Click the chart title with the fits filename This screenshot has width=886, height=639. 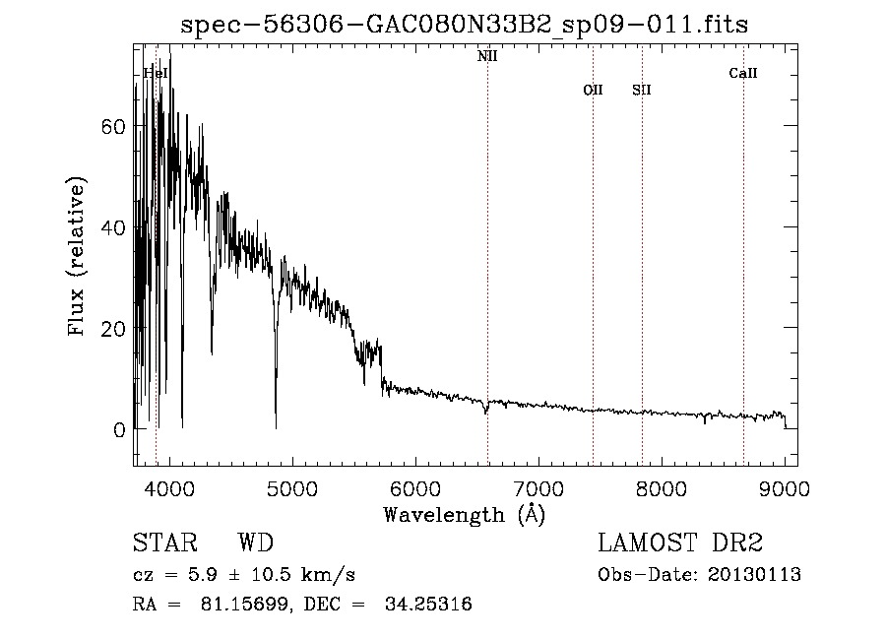tap(466, 26)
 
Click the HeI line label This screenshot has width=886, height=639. tap(156, 73)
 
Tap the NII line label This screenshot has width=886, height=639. tap(487, 57)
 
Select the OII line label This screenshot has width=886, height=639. tap(593, 91)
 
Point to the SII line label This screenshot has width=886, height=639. tap(642, 91)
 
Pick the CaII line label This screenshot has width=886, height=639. tap(743, 73)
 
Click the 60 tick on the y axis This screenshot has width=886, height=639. tap(114, 126)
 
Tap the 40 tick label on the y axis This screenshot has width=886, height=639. tap(114, 227)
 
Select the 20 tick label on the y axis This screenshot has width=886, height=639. tap(114, 329)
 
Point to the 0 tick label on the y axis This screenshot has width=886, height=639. tap(120, 430)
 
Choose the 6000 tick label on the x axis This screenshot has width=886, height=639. tap(415, 487)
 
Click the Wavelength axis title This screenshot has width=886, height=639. tap(464, 514)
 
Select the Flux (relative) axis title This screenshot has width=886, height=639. tap(78, 256)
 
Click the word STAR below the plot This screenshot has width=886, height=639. tap(164, 543)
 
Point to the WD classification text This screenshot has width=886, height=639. tap(255, 543)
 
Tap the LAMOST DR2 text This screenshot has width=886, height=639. tap(680, 543)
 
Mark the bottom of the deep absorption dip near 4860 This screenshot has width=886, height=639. tap(276, 427)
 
